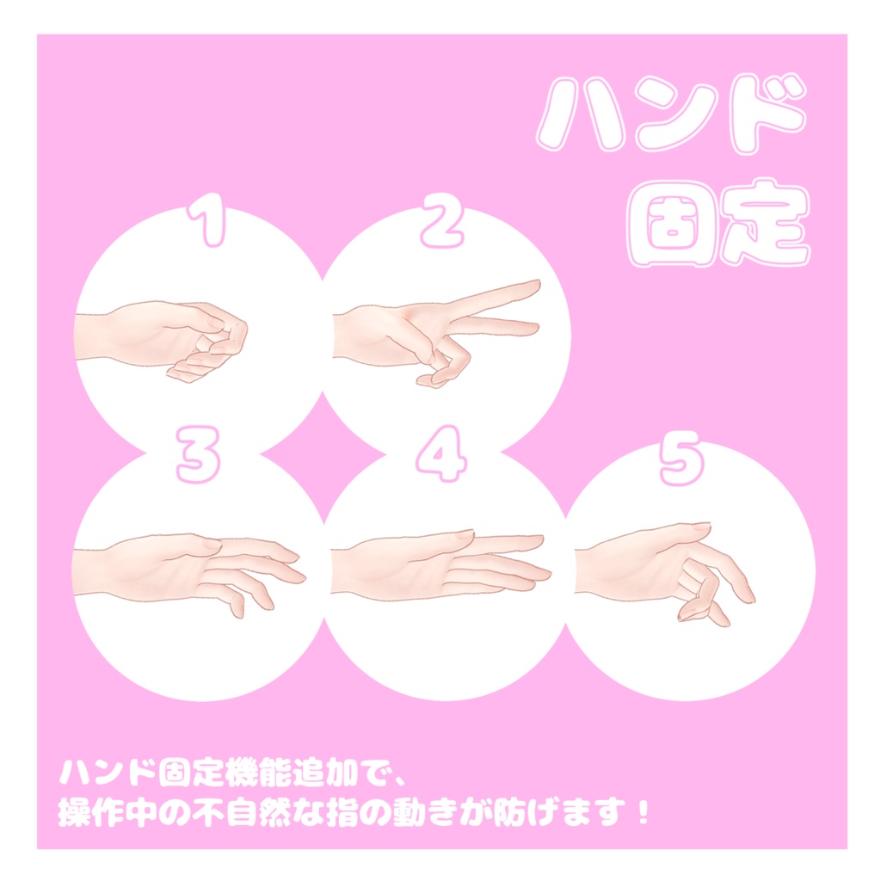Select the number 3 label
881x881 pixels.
click(x=198, y=458)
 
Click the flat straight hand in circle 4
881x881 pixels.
click(x=439, y=562)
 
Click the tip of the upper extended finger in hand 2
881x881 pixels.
click(x=536, y=285)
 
